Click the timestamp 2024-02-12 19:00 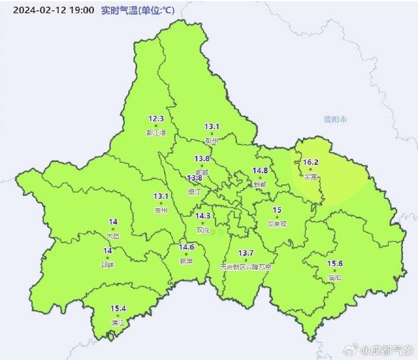coord(53,10)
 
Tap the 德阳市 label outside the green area coord(335,119)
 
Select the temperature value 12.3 coord(156,119)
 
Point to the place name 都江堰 coord(156,133)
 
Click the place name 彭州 coord(211,140)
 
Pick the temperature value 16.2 coord(311,162)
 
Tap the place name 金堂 coord(311,177)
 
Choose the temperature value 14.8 coord(260,171)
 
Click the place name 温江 coord(194,192)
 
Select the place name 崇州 coord(161,210)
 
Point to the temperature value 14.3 coord(203,216)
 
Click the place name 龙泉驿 coord(277,224)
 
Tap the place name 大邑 coord(113,236)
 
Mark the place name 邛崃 coord(108,265)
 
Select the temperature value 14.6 coord(186,247)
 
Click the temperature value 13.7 coord(245,253)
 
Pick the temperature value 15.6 coord(335,263)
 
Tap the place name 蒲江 coord(118,323)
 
